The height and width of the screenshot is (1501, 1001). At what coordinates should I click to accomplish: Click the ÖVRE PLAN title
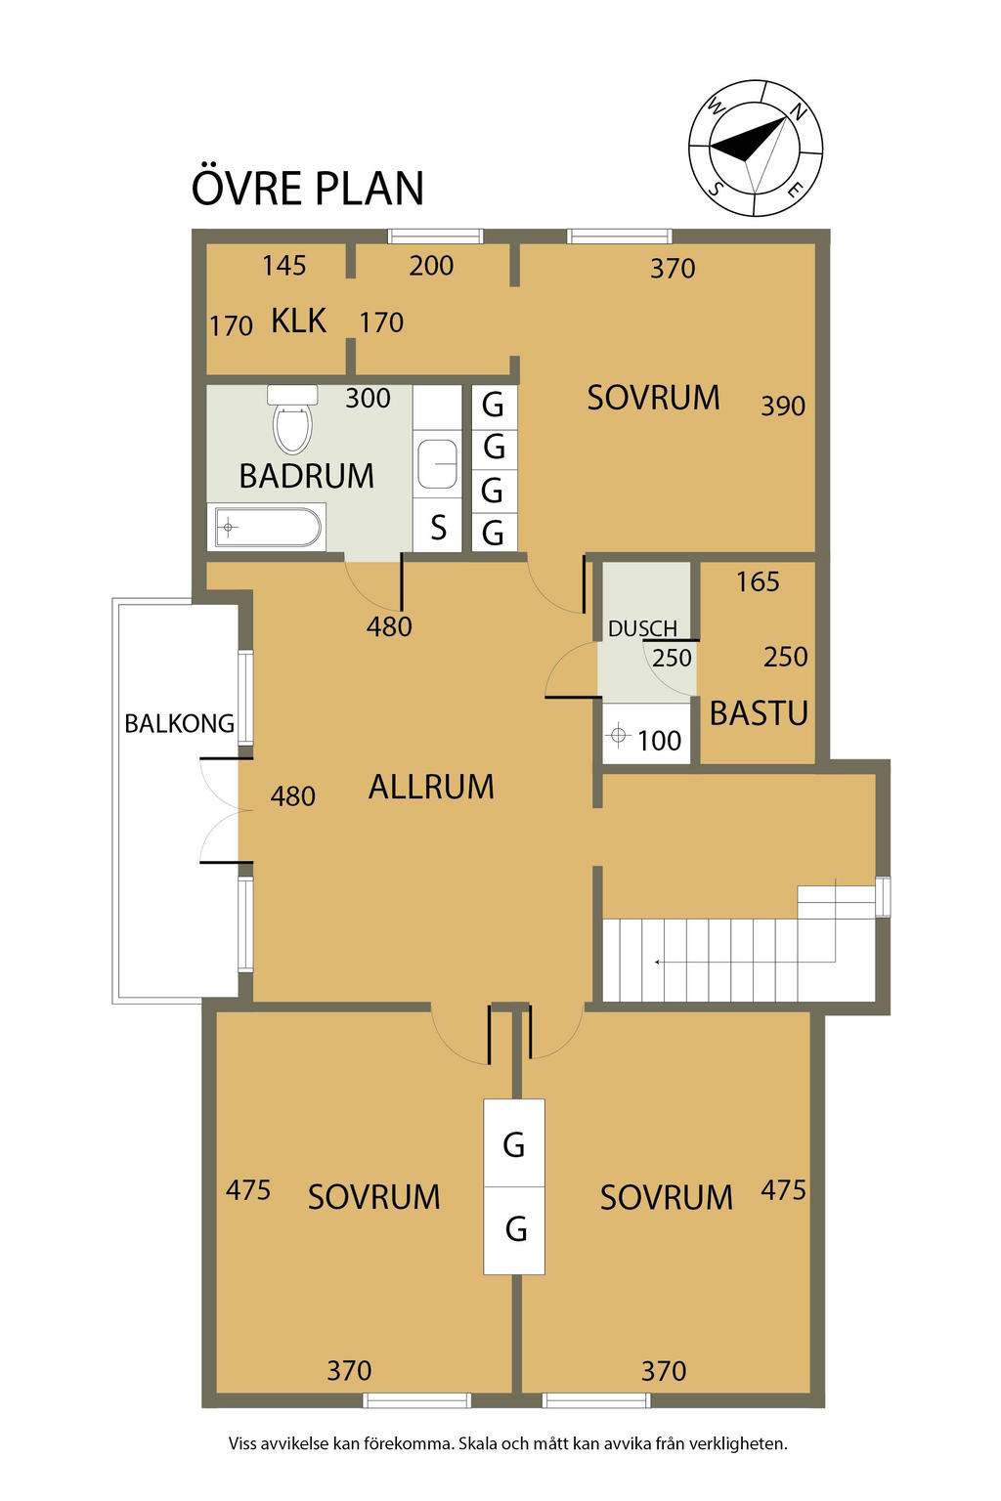[308, 188]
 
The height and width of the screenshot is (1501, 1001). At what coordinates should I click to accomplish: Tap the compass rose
[755, 149]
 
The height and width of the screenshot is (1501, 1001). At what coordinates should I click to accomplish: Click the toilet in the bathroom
[292, 418]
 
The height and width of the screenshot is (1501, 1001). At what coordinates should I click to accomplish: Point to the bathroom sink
[437, 464]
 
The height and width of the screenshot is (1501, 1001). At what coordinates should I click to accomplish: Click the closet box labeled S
[437, 528]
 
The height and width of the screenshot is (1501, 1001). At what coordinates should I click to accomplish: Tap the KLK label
[298, 321]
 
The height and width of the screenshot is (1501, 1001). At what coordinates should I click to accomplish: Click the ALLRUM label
[431, 787]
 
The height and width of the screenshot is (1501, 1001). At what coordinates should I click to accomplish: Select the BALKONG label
[180, 724]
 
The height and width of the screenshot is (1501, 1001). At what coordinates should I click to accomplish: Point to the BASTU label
[759, 713]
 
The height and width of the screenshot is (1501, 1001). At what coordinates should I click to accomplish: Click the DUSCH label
[642, 629]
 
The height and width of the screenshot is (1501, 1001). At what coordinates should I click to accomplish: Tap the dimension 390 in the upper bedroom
[782, 407]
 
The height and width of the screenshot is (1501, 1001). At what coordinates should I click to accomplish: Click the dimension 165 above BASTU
[758, 581]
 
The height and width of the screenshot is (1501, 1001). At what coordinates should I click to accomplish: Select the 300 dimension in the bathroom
[368, 399]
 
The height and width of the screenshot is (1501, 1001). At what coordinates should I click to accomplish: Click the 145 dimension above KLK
[284, 266]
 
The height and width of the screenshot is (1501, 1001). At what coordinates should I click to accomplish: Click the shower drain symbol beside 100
[618, 736]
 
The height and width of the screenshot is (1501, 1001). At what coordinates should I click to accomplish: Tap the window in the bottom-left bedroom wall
[416, 1399]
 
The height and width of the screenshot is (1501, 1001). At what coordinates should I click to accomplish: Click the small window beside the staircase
[883, 896]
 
